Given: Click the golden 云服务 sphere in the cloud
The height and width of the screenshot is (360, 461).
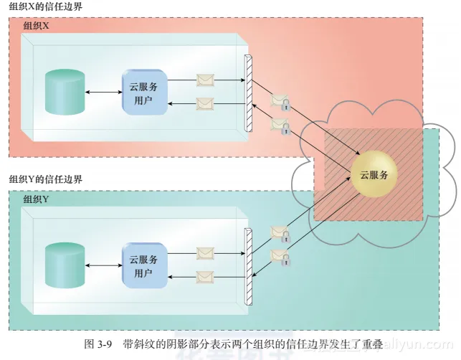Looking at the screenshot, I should point(373,174).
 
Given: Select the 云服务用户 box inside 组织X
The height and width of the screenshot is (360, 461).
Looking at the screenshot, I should point(144,93).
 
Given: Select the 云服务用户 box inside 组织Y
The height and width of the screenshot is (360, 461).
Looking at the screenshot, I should point(144,265).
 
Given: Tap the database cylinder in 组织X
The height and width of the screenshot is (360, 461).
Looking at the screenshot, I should point(63,93).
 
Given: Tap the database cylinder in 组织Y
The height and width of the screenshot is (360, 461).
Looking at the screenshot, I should point(63,265).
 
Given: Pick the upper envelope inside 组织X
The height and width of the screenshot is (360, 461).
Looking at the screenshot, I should point(205,80).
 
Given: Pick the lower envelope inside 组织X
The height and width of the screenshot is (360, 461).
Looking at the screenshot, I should point(205,104).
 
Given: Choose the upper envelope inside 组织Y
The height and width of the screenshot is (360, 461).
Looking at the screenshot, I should point(205,252).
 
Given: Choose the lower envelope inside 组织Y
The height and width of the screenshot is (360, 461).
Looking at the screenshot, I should point(205,276).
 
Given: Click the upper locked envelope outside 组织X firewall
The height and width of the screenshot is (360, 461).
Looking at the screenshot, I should point(280,102).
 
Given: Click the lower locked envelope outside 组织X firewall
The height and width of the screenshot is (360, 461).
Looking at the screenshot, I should point(280,126).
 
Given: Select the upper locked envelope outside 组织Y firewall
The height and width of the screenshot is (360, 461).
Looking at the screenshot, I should point(280,233).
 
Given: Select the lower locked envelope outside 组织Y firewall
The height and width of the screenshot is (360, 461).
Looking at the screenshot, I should point(280,257).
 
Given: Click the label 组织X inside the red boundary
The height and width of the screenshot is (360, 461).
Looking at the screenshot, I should point(37,26).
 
